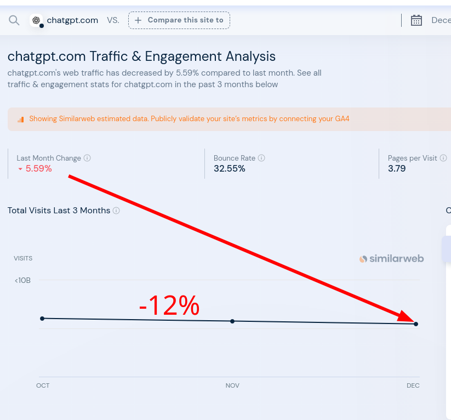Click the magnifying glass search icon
(14, 20)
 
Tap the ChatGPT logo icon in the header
(36, 20)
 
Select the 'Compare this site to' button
(179, 20)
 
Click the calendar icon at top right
(416, 20)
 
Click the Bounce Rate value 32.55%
(230, 169)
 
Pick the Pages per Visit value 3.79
(397, 169)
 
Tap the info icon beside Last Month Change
(87, 158)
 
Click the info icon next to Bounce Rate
(261, 158)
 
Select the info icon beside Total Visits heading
(116, 211)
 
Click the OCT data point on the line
(42, 318)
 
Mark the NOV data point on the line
(232, 321)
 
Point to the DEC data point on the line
(416, 324)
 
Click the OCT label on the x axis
(43, 385)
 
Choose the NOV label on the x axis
(232, 385)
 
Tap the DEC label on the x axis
(413, 385)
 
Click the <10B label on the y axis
(22, 280)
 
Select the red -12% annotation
(169, 305)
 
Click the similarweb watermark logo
(392, 259)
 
